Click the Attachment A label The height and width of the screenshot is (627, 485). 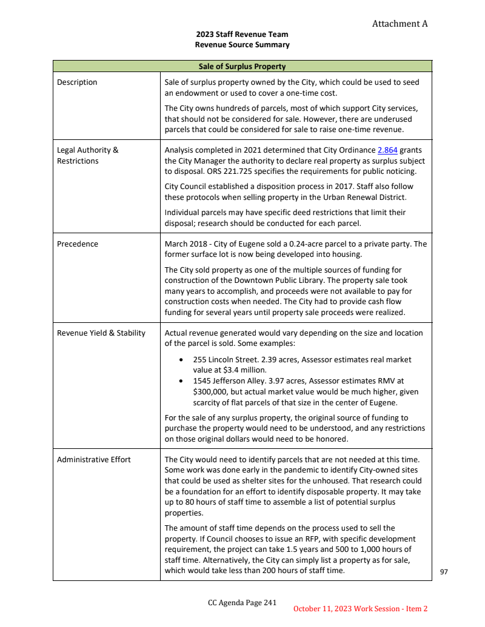400,24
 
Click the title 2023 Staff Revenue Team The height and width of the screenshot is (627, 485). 242,35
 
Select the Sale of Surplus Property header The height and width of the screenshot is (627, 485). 242,66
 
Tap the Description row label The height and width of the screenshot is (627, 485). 77,82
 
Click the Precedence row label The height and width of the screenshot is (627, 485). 78,244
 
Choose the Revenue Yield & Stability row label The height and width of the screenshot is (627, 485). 101,333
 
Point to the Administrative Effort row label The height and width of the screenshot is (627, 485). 94,460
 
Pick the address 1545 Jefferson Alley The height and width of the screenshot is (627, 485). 229,381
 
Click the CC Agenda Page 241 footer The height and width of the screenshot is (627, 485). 242,602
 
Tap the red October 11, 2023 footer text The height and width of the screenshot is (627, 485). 360,608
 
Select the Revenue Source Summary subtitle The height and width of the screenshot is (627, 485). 242,45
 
